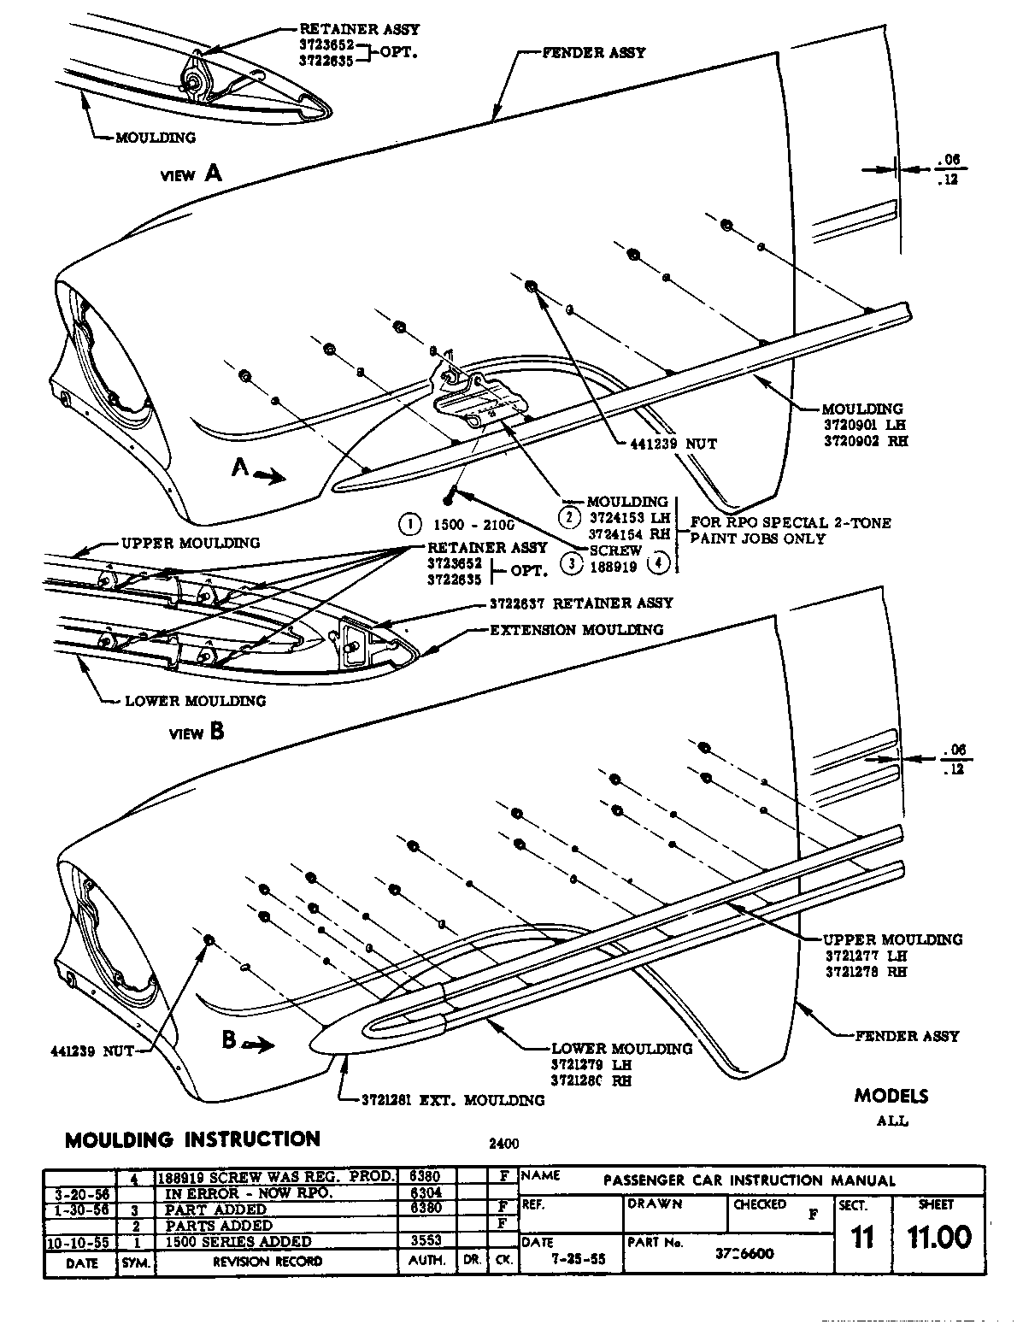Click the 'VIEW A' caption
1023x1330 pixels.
coord(191,174)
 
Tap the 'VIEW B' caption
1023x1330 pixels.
coord(197,733)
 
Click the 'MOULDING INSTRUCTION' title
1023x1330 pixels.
coord(192,1139)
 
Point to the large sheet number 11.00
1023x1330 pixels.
coord(939,1238)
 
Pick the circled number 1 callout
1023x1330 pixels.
coord(411,523)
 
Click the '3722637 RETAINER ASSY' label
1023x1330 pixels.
coord(581,603)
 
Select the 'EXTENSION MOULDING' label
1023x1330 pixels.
coord(576,630)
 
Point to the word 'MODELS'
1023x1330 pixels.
coord(891,1096)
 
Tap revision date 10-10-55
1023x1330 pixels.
coord(79,1241)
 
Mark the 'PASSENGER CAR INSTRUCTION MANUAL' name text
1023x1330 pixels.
coord(750,1180)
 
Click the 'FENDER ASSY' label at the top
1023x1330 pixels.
coord(594,52)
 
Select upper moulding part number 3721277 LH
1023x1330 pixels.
coord(866,956)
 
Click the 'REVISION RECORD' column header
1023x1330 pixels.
coord(268,1261)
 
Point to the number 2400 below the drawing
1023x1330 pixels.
coord(503,1143)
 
